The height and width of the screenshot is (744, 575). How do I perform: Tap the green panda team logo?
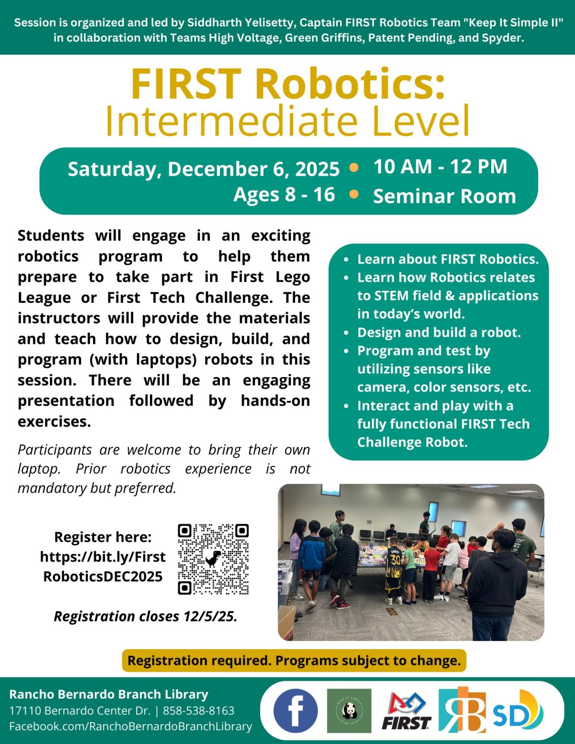(349, 711)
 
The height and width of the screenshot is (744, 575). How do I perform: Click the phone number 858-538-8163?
(199, 710)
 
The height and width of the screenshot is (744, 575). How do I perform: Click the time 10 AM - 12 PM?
(440, 166)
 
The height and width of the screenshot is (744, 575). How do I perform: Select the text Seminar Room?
(444, 196)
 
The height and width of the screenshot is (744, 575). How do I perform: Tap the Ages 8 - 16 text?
(284, 195)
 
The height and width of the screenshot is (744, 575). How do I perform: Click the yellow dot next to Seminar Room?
(354, 195)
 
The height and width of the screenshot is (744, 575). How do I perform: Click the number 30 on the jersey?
(395, 559)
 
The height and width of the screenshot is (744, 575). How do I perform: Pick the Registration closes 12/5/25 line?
(145, 616)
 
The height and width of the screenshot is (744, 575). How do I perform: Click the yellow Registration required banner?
(294, 661)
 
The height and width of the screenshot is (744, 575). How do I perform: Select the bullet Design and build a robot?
(438, 332)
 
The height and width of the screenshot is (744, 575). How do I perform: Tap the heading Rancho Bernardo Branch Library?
(109, 694)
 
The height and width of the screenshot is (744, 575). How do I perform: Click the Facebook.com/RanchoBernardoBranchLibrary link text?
(130, 726)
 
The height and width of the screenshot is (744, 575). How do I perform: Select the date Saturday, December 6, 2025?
(204, 169)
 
